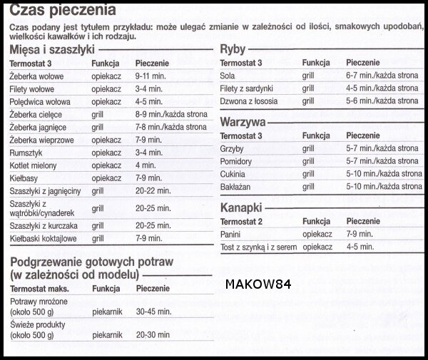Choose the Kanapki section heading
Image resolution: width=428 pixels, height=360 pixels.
pos(241,208)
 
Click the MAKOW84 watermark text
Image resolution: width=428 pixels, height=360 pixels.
pos(258,283)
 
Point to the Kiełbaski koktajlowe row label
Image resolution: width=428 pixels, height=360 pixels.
pos(44,238)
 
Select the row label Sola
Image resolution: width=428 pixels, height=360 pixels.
pos(229,76)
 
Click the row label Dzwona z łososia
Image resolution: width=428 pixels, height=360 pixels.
pos(250,101)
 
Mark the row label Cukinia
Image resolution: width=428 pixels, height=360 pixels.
pos(234,174)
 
